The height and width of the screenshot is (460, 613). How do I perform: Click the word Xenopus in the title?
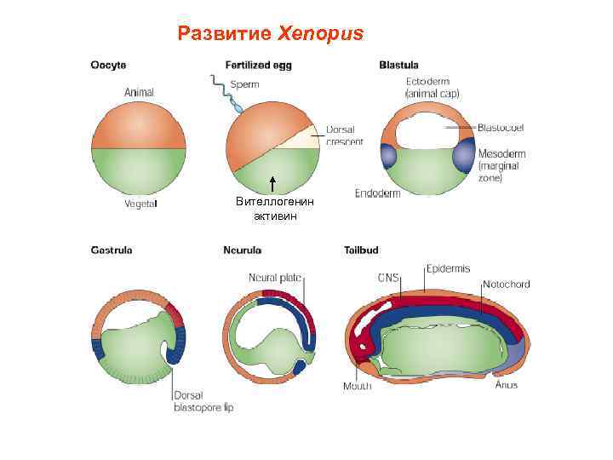(x=320, y=34)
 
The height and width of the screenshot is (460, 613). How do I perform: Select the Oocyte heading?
(x=110, y=65)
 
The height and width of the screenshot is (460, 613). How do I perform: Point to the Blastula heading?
(x=398, y=65)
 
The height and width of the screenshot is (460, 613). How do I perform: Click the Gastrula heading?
(x=112, y=250)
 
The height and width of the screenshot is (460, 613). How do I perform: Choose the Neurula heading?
(x=243, y=250)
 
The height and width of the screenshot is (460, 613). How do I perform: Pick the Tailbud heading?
(x=361, y=250)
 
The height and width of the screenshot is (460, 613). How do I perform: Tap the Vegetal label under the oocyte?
(x=140, y=204)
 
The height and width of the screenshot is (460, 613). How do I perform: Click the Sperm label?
(x=245, y=84)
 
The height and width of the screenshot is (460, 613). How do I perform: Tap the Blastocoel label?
(x=501, y=127)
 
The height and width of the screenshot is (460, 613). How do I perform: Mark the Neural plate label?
(x=276, y=278)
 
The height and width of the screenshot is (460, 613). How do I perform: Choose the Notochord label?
(x=506, y=284)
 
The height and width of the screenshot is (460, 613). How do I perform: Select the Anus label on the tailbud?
(x=506, y=384)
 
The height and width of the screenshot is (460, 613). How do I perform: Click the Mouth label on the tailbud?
(x=357, y=386)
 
